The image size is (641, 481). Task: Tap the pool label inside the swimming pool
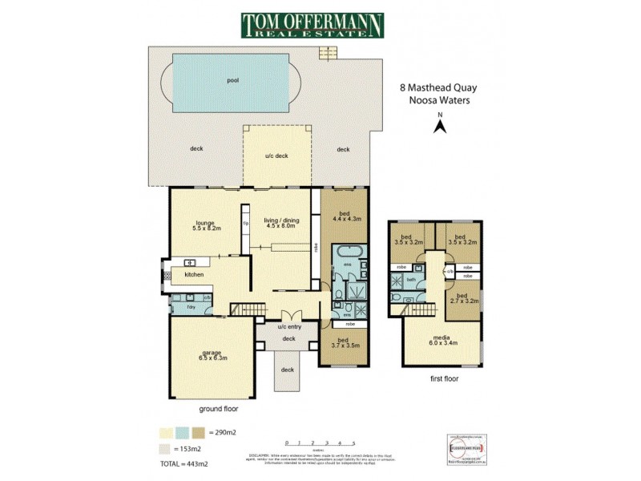click(232, 80)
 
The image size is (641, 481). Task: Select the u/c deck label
click(276, 156)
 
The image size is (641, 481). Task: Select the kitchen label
click(195, 275)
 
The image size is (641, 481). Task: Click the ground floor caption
click(217, 408)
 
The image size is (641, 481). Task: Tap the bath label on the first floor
click(410, 280)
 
